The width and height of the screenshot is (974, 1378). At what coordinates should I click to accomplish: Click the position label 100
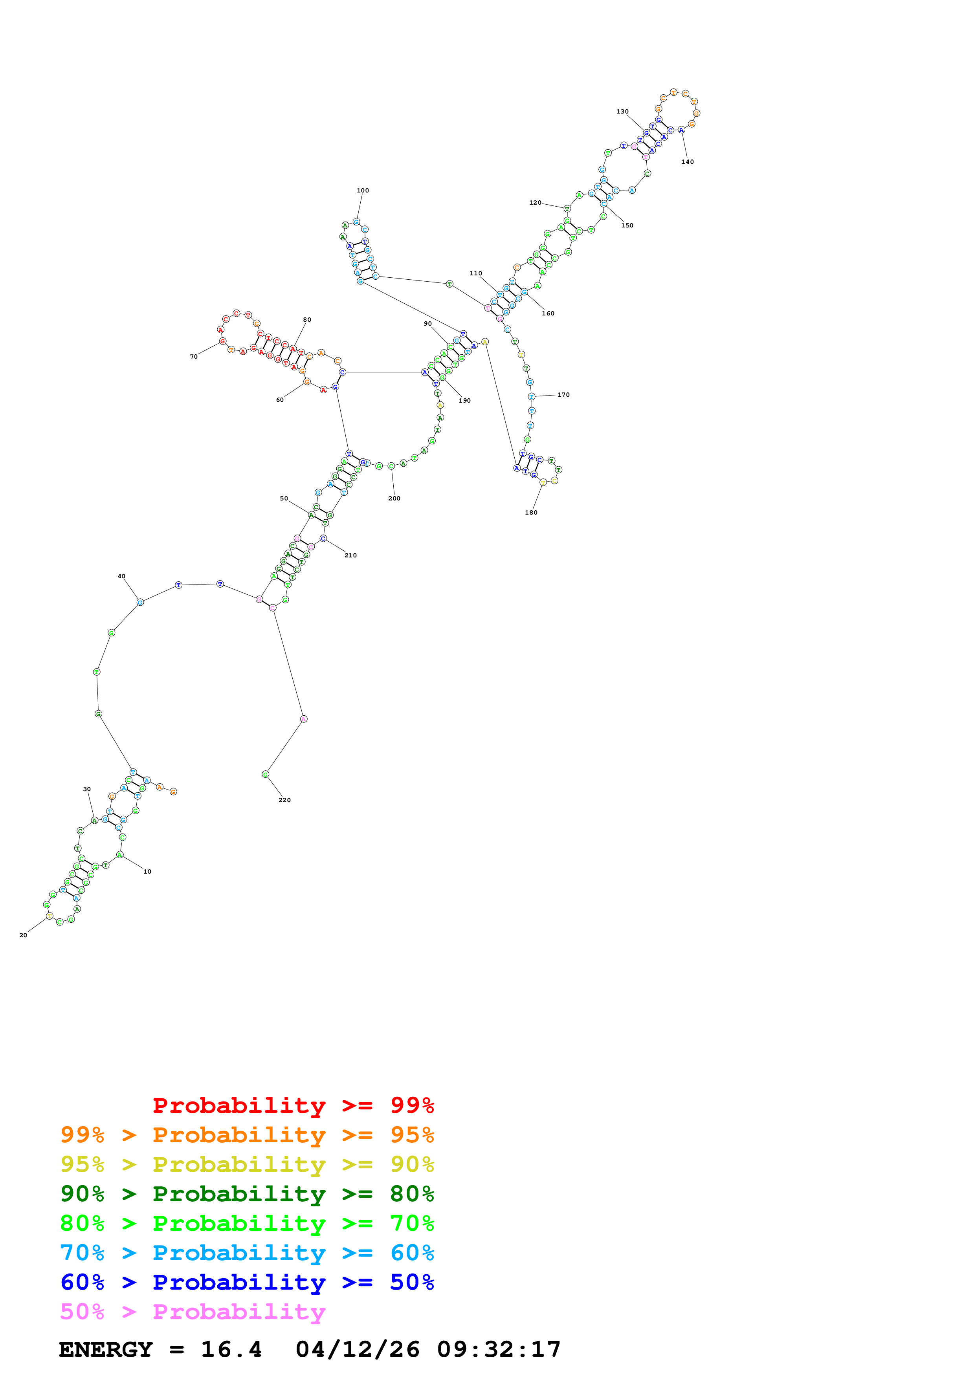pos(363,190)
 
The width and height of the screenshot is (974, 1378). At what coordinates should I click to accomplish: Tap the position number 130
pos(622,112)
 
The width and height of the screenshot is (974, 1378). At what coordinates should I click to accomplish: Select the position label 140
pos(687,162)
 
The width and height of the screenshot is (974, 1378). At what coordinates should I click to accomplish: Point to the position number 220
pos(284,800)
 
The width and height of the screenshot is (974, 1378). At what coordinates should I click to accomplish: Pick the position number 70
pos(194,357)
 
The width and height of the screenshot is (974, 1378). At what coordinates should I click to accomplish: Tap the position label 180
pos(531,513)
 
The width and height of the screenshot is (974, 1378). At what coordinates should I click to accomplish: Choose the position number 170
pos(563,395)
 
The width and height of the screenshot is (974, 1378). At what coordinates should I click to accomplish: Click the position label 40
pos(122,576)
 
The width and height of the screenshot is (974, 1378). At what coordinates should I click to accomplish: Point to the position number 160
pos(548,313)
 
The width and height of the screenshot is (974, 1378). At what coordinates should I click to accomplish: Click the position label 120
pos(535,203)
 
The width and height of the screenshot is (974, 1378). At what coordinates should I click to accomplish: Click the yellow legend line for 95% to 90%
pos(247,1164)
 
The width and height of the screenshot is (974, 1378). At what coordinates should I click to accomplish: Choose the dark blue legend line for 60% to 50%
pos(247,1282)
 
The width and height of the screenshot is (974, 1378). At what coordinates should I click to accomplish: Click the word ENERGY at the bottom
pos(106,1349)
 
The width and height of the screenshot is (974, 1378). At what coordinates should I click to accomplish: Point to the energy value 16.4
pos(231,1349)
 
